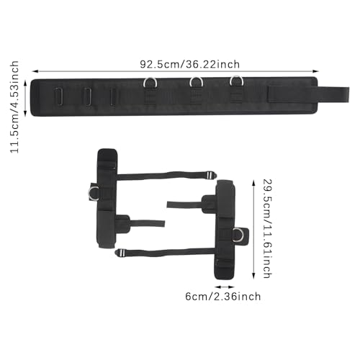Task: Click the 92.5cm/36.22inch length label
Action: (x=190, y=64)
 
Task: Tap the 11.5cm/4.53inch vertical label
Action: (x=14, y=107)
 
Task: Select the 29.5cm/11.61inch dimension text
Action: (x=267, y=228)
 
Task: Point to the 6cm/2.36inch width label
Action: (x=223, y=297)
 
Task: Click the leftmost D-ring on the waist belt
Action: (x=150, y=80)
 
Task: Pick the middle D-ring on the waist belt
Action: (x=197, y=79)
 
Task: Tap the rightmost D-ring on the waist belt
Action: (x=237, y=78)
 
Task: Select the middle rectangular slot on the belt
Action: (x=88, y=96)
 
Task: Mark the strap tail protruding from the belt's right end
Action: (x=333, y=94)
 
